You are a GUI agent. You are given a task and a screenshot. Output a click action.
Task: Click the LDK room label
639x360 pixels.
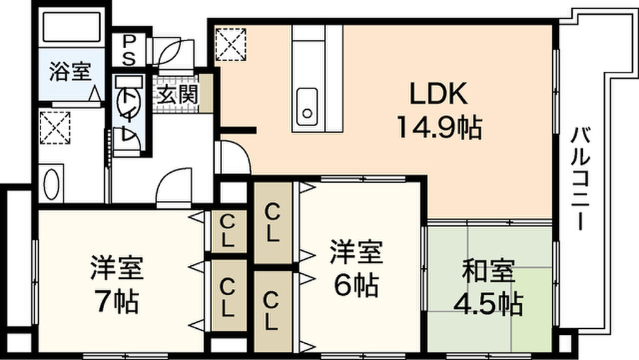click(x=438, y=94)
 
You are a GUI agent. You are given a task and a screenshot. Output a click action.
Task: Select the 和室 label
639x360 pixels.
click(x=488, y=270)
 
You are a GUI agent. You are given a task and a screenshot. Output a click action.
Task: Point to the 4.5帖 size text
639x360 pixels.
click(x=488, y=304)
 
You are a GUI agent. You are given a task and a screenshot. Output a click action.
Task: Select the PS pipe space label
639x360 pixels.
click(x=129, y=50)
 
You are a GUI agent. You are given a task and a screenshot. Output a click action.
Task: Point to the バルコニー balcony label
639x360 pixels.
click(x=580, y=179)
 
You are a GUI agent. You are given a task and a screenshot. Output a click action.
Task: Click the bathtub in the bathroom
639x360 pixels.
click(x=72, y=27)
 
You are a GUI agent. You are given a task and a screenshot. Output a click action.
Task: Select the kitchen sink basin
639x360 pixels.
click(x=307, y=107)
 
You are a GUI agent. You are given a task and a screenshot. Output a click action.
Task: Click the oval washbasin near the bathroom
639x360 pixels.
click(x=51, y=184)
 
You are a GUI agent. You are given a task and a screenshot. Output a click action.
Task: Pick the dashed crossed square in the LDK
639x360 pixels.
click(x=231, y=44)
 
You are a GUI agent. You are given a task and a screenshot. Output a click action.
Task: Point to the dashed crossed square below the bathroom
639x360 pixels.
click(x=55, y=127)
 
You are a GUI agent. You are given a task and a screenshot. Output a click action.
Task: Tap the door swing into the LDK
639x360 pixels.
click(x=235, y=157)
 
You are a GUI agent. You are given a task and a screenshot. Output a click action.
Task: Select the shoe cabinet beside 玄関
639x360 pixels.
click(x=205, y=94)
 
